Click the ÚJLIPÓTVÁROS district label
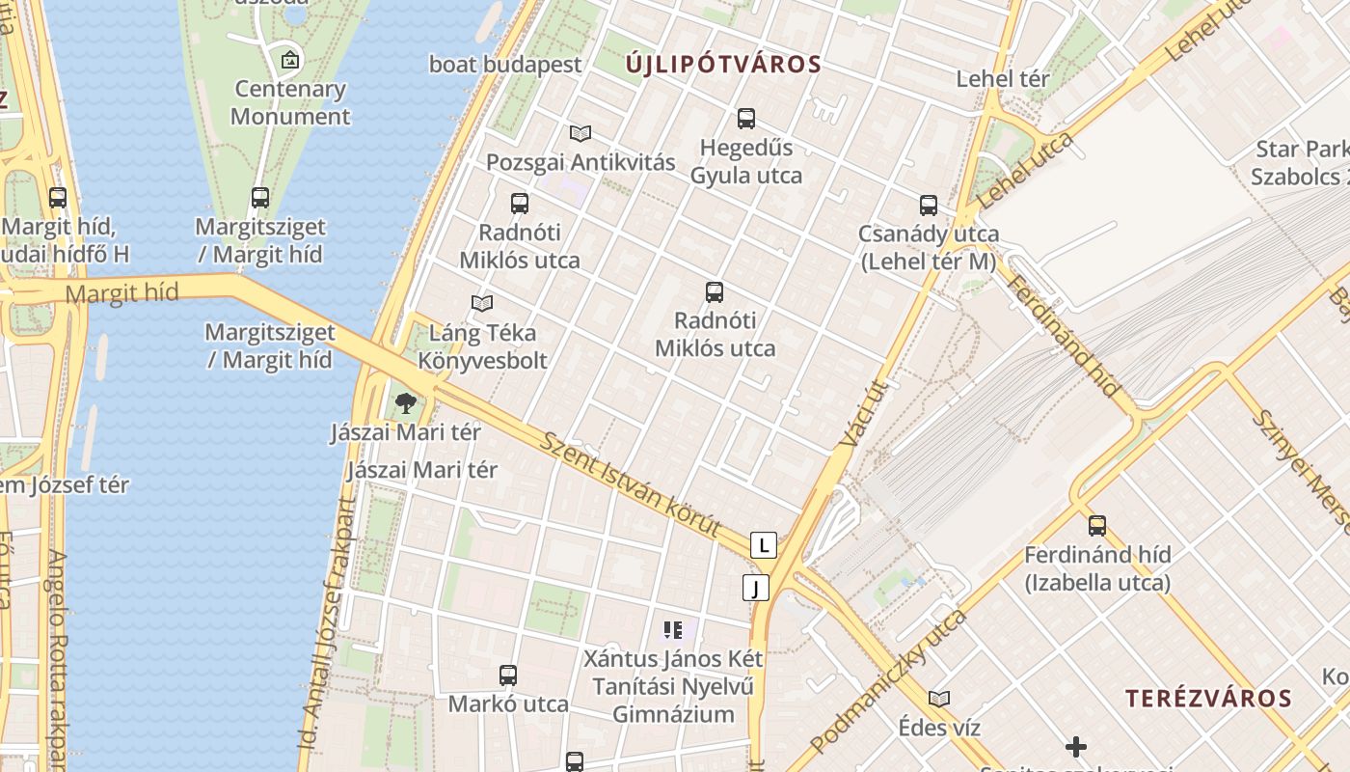[723, 66]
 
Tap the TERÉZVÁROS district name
[1208, 699]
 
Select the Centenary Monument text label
[290, 102]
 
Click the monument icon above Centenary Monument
[290, 61]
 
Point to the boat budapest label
[505, 65]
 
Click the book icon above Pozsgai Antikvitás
[580, 133]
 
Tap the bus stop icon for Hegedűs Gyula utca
[746, 119]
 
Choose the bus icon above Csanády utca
[929, 206]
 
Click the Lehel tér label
[1003, 79]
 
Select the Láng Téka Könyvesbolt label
[482, 346]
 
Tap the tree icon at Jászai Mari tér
[406, 403]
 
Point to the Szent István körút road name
[631, 483]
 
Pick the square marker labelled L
[764, 545]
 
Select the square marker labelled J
[756, 588]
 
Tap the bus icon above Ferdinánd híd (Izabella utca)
[1097, 526]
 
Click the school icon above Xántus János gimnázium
[673, 631]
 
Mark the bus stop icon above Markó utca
[508, 675]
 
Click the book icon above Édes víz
[939, 699]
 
